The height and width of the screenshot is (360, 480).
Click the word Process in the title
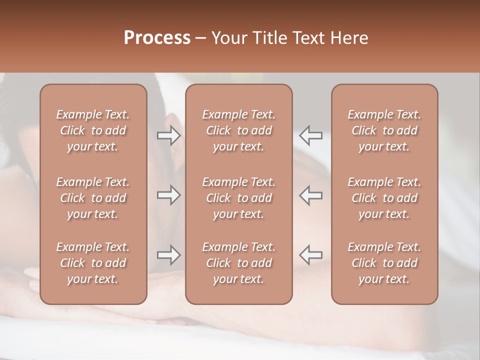[x=157, y=38]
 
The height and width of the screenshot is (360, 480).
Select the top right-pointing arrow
[x=168, y=135]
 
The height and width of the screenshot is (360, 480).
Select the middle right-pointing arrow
[x=168, y=195]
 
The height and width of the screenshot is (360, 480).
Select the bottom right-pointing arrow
[x=168, y=255]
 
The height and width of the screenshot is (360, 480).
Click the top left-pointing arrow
[x=311, y=135]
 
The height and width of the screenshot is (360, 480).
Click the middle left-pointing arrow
[x=311, y=195]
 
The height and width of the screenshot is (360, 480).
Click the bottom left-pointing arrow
[x=311, y=255]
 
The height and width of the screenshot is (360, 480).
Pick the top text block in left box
[x=93, y=130]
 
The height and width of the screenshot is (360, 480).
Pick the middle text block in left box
[x=93, y=198]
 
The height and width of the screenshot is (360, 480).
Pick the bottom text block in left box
[x=93, y=263]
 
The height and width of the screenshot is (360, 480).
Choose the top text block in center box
[x=238, y=130]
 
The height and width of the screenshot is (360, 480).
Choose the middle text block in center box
[x=238, y=198]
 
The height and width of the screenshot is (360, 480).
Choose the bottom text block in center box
[x=238, y=263]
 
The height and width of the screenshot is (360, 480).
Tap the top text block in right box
[x=384, y=130]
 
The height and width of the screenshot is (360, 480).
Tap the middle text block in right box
[x=384, y=198]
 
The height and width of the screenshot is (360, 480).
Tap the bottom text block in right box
[x=384, y=263]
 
